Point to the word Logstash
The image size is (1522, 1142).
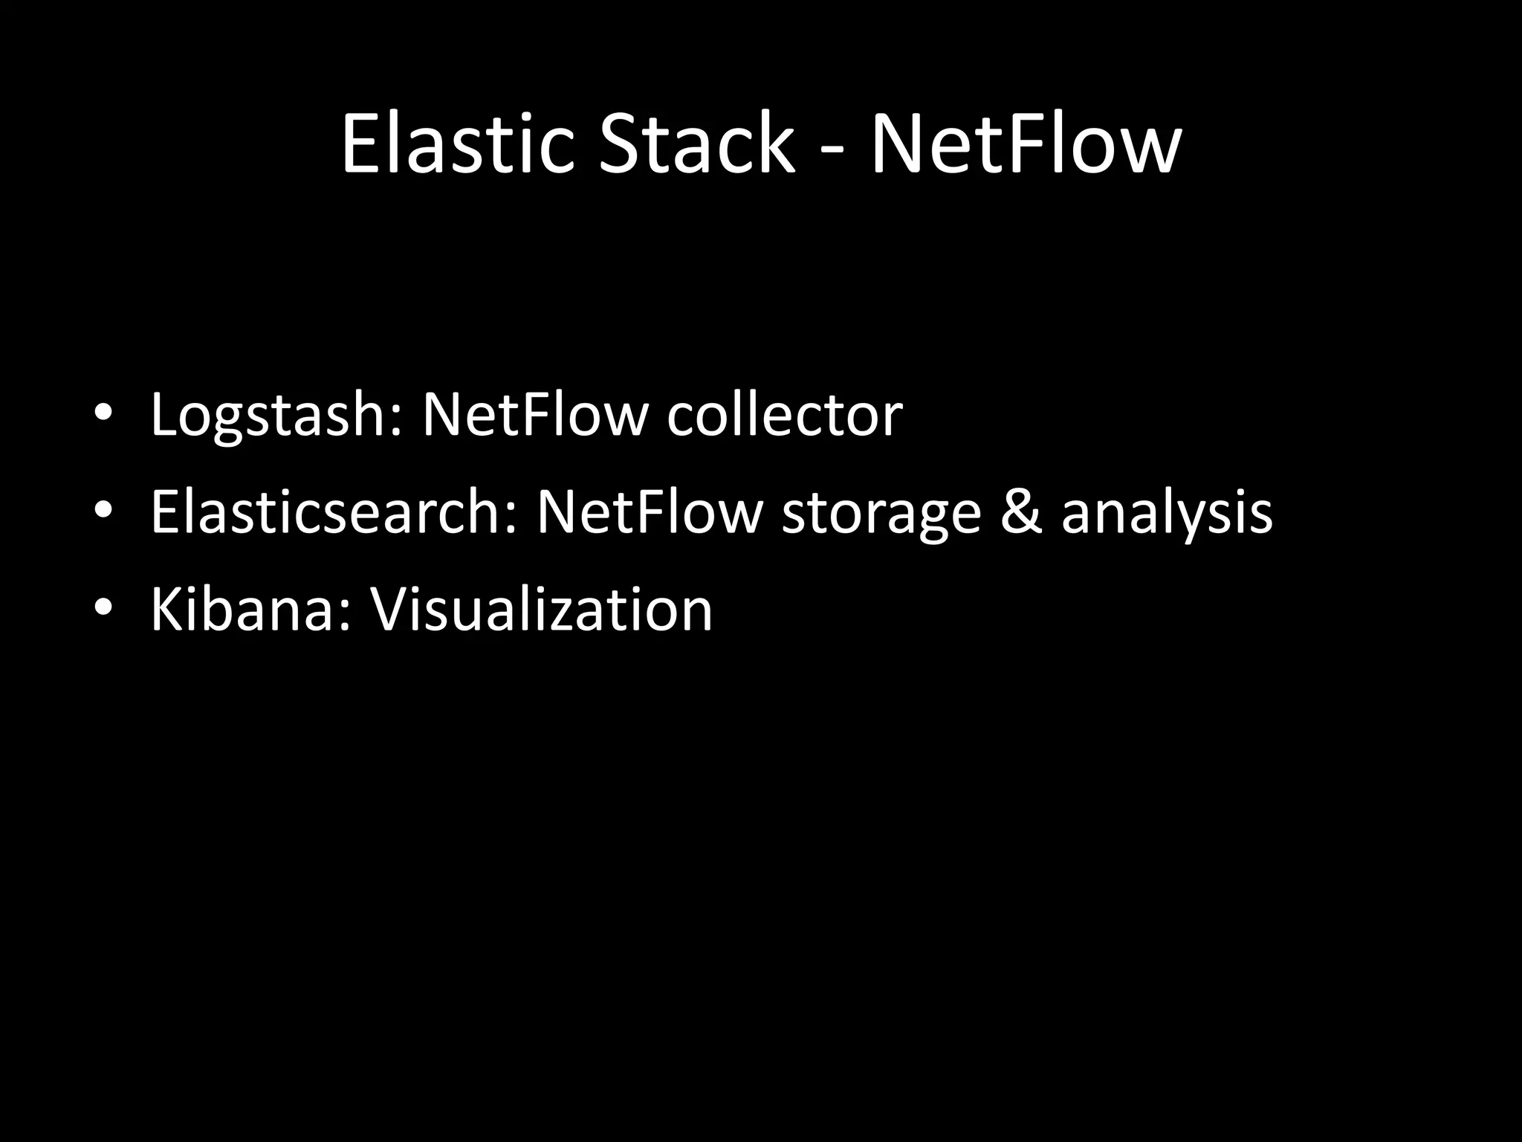pos(271,415)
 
